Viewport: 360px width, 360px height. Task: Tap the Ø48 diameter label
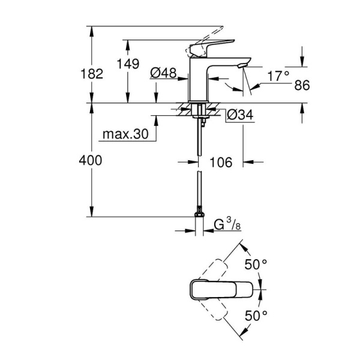pos(163,73)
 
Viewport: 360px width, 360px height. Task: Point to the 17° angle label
pos(278,76)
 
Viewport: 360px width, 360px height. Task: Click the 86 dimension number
pos(302,86)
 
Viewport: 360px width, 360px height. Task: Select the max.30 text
pos(125,134)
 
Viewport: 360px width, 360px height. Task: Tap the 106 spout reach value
pos(220,162)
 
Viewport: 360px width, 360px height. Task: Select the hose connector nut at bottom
pos(199,214)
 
